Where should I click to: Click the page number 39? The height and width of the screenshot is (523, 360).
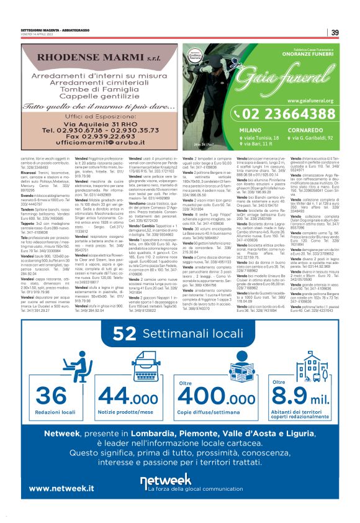click(334, 32)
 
